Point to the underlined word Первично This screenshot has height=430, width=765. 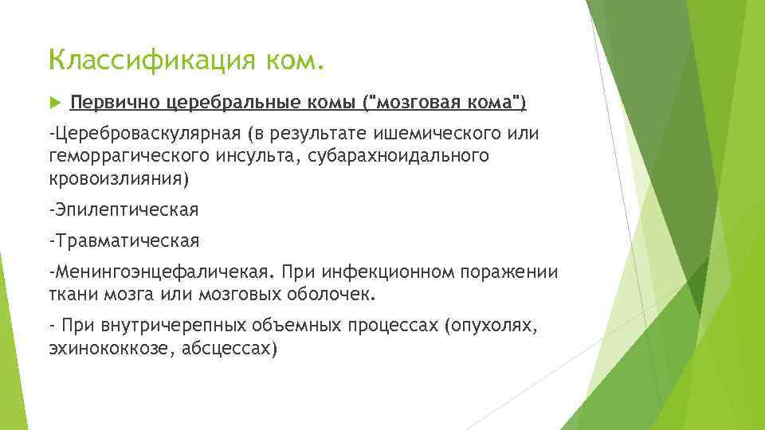pos(116,102)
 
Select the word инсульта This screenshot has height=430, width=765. pos(260,155)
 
